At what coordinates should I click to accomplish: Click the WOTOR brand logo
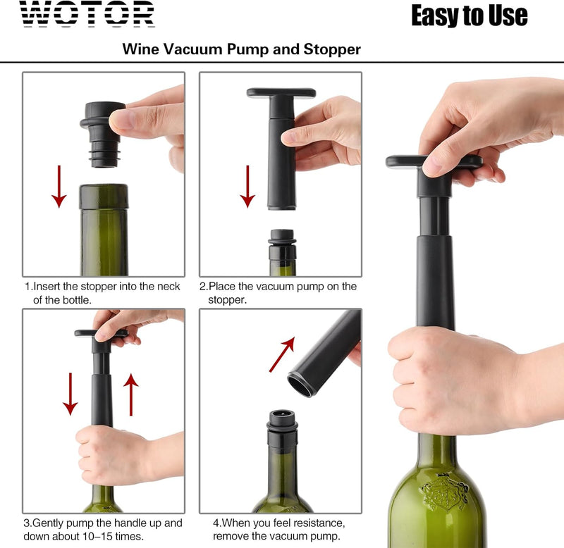pyautogui.click(x=87, y=13)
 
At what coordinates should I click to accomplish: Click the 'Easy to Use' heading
pyautogui.click(x=469, y=15)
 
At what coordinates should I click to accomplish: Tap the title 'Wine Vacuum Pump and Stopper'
pyautogui.click(x=241, y=49)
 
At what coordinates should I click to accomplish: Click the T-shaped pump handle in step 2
pyautogui.click(x=281, y=94)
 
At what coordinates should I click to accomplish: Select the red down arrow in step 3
pyautogui.click(x=70, y=394)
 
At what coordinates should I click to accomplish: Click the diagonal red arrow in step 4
pyautogui.click(x=282, y=354)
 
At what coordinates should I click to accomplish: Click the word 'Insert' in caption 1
pyautogui.click(x=50, y=286)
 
